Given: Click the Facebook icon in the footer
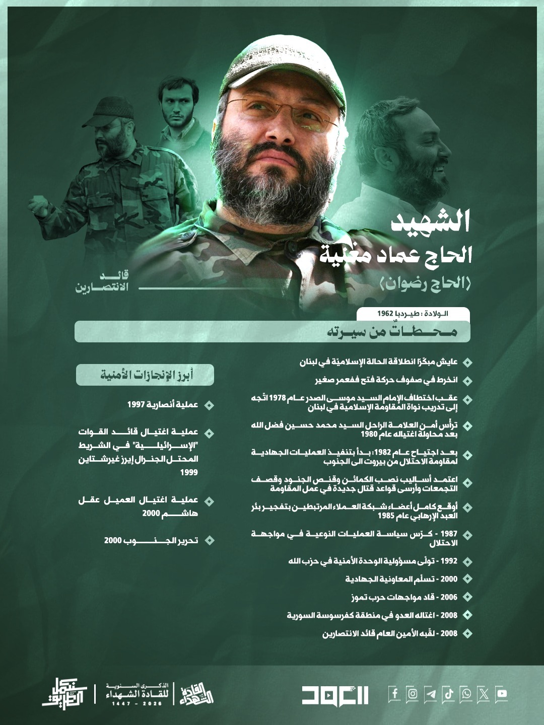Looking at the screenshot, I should tap(395, 694).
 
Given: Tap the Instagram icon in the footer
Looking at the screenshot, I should tap(413, 694).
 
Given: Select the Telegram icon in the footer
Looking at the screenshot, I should tap(430, 694).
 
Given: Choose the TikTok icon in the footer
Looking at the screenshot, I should tap(448, 694).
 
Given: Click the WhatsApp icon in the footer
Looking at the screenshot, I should tap(466, 694).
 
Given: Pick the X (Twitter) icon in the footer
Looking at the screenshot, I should tap(484, 694).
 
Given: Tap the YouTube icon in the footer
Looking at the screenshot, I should tap(501, 694).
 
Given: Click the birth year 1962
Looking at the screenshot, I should tap(385, 314).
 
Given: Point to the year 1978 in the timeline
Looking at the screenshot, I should tap(278, 398).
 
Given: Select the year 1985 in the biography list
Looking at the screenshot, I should tap(386, 516).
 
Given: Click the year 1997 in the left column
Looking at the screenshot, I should tap(136, 405).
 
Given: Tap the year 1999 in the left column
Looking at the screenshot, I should tap(189, 472).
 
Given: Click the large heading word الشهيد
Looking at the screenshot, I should tap(431, 222).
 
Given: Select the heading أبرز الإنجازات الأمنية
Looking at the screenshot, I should tap(146, 375).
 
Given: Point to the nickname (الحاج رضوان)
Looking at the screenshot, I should tap(425, 283).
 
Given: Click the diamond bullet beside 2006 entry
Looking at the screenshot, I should tap(467, 597).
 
